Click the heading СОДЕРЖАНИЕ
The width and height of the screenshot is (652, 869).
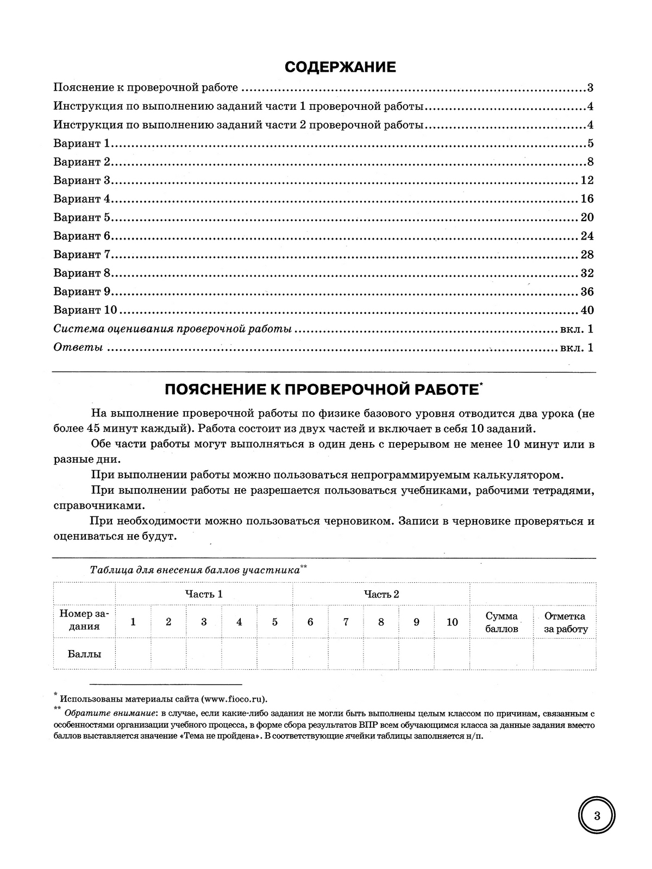[340, 67]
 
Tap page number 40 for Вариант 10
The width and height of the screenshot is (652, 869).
[587, 310]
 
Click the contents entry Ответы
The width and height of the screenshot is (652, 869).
[78, 348]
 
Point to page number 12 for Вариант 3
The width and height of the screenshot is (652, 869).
[587, 180]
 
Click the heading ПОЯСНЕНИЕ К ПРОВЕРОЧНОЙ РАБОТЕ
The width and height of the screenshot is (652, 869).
[321, 389]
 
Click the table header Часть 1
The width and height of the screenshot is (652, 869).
[204, 594]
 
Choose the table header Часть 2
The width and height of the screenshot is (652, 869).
[381, 594]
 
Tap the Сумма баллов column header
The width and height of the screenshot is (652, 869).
[501, 622]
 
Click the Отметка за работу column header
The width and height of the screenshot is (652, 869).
[565, 622]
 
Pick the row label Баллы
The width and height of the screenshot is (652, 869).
[84, 654]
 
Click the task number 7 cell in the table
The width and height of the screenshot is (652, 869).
[346, 622]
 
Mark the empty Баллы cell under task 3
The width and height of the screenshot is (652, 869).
[204, 654]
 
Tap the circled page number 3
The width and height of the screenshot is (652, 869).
[597, 816]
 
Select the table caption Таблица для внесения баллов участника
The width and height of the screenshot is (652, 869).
[195, 570]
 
